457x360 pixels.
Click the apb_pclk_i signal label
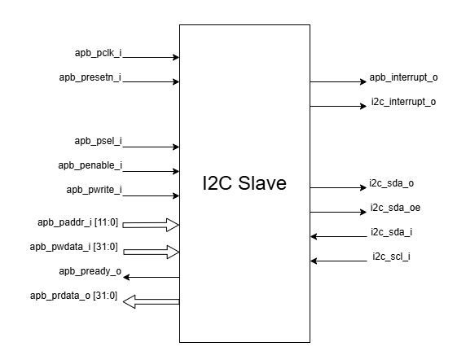99,53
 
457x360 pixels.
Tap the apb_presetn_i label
90,77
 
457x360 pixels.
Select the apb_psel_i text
99,141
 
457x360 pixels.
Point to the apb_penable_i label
90,165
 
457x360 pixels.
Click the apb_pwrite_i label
94,190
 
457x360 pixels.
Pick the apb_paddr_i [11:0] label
78,222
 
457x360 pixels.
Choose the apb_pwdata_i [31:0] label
74,247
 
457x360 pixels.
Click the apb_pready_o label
90,271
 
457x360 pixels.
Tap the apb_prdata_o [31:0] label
74,296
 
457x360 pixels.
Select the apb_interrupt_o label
404,77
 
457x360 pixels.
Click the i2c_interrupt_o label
404,102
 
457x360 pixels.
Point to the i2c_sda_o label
391,183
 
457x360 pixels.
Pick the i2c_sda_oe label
396,208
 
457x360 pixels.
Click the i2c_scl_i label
391,257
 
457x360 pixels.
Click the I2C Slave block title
244,183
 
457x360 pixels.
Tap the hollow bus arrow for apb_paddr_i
151,225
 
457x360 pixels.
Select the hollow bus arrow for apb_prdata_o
151,301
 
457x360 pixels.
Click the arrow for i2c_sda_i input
339,236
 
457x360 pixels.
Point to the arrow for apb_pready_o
151,277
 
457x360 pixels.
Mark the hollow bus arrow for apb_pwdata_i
151,252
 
